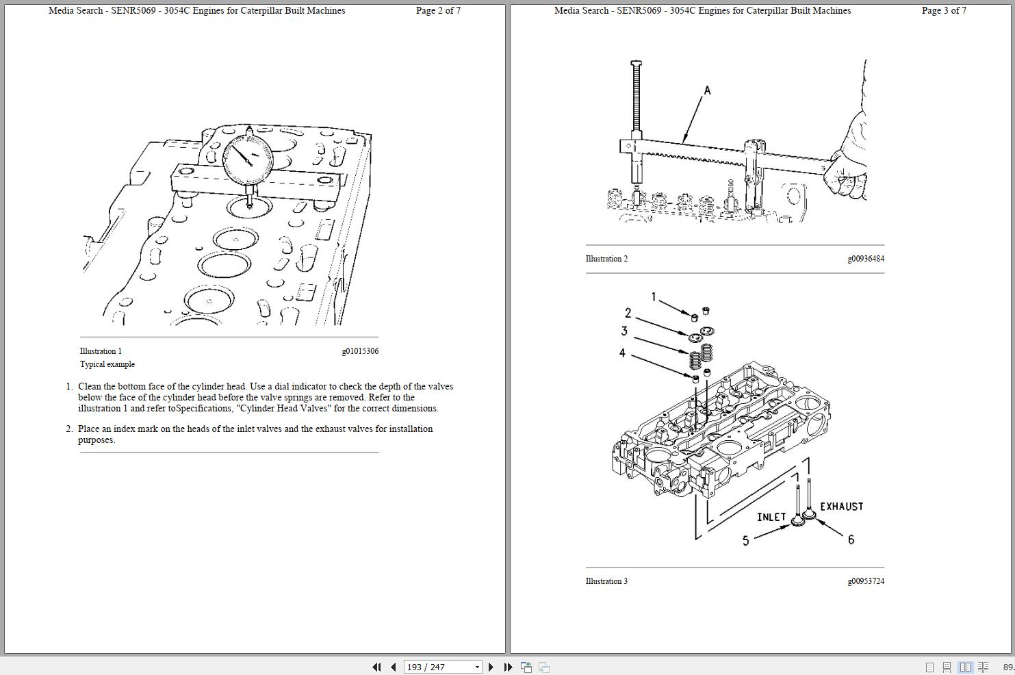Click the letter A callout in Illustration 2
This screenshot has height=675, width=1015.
tap(707, 90)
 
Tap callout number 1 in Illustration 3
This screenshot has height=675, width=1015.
tap(653, 297)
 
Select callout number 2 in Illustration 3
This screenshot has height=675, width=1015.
tap(628, 313)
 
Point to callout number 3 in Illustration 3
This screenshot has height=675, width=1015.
tap(624, 331)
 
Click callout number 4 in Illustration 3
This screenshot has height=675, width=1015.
tap(621, 353)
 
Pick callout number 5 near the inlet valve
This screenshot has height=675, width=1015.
tap(745, 541)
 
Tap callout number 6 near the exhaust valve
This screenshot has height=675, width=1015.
tap(851, 539)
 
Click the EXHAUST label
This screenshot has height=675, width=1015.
tap(841, 507)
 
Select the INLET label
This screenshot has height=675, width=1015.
tap(771, 517)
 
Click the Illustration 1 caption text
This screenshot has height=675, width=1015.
tap(101, 351)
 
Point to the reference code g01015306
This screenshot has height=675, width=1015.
tap(360, 351)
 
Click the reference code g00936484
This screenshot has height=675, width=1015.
tap(866, 259)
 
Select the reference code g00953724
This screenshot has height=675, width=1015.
tap(866, 581)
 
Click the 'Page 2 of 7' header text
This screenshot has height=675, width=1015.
tap(438, 10)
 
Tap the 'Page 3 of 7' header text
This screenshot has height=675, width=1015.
tap(944, 10)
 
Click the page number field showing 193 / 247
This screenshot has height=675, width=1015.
tap(438, 667)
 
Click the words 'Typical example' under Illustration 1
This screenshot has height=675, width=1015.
tap(107, 364)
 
